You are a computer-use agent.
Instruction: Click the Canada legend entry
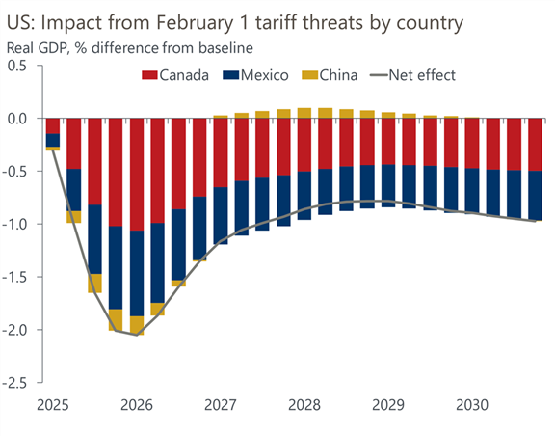[175, 75]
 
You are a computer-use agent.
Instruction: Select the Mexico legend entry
[255, 75]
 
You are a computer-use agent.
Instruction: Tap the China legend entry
[330, 75]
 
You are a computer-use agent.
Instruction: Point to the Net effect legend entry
[412, 75]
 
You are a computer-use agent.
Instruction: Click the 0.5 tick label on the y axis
[17, 66]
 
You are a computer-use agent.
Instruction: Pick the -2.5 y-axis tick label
[14, 383]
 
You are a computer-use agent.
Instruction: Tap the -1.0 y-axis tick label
[14, 225]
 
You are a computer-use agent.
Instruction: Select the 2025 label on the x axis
[53, 405]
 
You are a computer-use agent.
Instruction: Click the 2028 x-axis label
[304, 405]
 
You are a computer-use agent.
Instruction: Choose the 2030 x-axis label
[472, 405]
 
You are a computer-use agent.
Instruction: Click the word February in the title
[195, 24]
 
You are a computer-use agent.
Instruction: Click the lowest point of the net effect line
[137, 335]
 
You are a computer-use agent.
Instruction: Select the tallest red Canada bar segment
[137, 175]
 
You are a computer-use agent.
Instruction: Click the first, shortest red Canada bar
[53, 125]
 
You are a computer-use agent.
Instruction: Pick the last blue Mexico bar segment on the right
[535, 195]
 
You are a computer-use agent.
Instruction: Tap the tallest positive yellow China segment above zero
[304, 113]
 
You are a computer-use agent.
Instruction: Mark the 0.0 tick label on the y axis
[17, 119]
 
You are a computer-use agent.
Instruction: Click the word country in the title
[430, 24]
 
